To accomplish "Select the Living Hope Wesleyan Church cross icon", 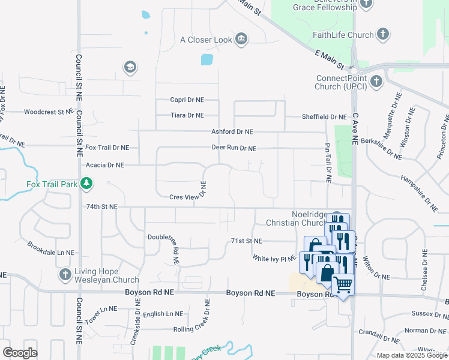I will click(65, 275).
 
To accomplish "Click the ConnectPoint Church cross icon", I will click(376, 82).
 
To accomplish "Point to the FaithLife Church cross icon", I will click(383, 35).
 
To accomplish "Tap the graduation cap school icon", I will click(129, 67).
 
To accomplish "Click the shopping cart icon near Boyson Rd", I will click(342, 285).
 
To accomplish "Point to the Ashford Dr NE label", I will click(232, 131).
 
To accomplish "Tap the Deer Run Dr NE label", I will click(234, 148).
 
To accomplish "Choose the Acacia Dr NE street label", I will click(105, 165).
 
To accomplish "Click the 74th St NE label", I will click(102, 206).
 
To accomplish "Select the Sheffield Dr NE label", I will click(325, 117).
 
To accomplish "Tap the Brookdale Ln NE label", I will click(50, 249).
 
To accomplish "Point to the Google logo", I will click(20, 353).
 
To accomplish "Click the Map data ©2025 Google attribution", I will click(411, 355).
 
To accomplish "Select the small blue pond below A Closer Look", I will click(206, 59).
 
